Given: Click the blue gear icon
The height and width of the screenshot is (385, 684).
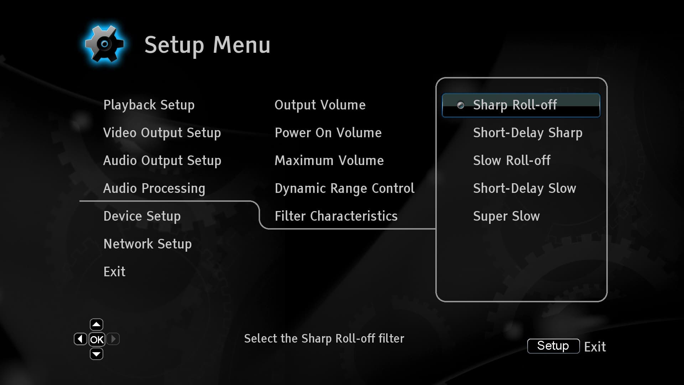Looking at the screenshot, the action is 104,44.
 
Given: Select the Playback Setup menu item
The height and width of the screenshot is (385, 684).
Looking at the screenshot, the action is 149,105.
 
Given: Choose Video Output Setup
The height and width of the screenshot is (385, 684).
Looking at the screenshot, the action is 162,133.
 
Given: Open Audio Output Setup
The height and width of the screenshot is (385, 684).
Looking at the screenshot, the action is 162,161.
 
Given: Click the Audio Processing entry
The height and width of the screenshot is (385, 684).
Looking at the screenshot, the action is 154,189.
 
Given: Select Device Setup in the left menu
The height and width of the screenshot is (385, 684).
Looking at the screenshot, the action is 142,216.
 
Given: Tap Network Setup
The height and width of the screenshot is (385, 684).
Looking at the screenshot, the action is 147,244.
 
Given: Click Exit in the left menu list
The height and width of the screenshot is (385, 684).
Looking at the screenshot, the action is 114,272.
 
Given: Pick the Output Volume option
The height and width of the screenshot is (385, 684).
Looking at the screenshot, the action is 320,105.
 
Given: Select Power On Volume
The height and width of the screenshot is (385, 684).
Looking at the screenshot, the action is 328,133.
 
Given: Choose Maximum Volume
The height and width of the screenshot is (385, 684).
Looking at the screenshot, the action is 329,161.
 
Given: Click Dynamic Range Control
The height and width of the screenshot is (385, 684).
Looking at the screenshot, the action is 344,189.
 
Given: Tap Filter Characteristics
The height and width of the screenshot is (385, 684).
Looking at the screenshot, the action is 336,216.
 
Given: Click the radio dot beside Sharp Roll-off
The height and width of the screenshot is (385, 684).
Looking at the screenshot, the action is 461,105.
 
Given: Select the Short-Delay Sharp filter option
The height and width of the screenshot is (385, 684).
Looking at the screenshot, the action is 528,133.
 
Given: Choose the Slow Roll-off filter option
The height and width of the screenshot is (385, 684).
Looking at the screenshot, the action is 512,161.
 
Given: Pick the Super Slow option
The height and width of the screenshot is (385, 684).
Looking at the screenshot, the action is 506,216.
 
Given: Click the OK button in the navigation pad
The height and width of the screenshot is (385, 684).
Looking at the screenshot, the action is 97,339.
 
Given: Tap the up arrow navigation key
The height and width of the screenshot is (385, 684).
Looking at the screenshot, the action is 97,324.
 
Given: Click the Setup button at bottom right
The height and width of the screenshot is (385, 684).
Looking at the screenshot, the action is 553,346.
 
